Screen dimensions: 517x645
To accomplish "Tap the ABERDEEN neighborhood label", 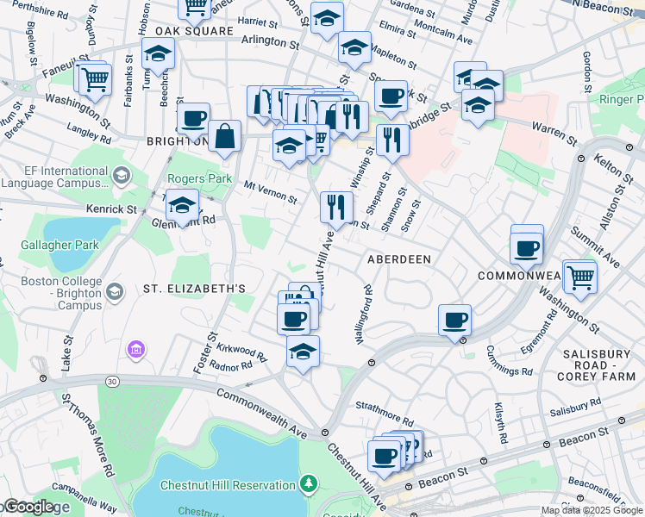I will (x=398, y=258).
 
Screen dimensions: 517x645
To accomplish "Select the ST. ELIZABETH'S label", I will (x=194, y=288).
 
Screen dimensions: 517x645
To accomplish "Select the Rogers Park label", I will (x=188, y=179).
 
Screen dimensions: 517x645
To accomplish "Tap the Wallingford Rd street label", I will (x=368, y=319).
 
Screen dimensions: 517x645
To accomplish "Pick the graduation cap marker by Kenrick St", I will (x=182, y=206).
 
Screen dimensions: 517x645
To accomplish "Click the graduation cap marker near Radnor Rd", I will (x=303, y=352).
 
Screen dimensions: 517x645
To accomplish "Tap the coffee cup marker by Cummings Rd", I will (x=454, y=321).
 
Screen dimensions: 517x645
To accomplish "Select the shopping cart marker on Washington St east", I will (x=580, y=277).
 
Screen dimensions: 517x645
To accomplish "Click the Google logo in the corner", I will (x=28, y=507).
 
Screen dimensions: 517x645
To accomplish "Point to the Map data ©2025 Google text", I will (x=591, y=510).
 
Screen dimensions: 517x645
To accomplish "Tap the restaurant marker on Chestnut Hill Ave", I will (x=335, y=207).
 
